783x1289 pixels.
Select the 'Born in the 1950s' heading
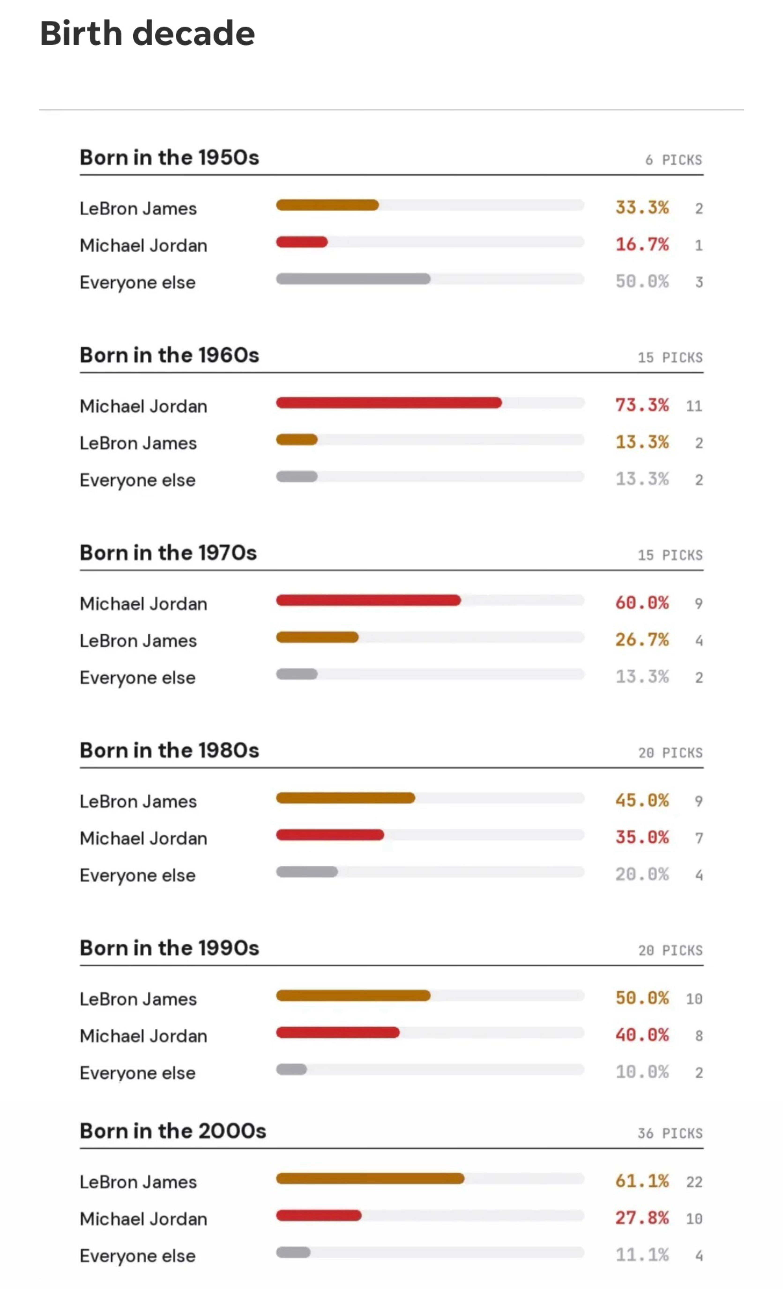169,157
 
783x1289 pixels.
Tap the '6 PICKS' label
674,160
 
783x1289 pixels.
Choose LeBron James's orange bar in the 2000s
370,1178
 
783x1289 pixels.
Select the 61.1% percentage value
642,1181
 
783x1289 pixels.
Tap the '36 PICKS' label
670,1133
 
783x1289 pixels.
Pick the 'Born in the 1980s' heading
169,750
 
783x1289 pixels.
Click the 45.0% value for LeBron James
642,800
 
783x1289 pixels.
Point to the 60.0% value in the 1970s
642,603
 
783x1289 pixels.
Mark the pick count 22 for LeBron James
694,1182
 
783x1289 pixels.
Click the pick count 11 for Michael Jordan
694,406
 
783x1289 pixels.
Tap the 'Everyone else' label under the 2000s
138,1256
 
